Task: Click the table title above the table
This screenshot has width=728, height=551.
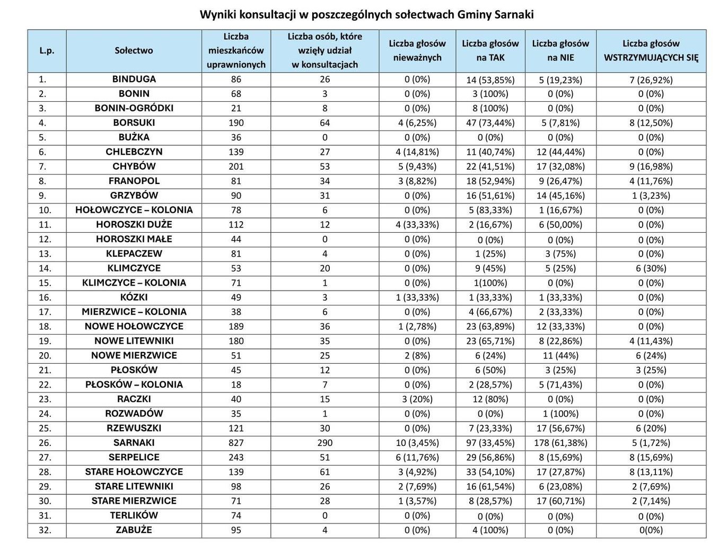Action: click(366, 14)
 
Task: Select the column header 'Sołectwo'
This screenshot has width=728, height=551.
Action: click(134, 50)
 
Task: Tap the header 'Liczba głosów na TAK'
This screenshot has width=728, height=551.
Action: click(490, 50)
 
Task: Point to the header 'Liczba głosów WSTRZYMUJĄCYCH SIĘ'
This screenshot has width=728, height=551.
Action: click(651, 50)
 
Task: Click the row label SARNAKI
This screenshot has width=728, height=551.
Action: click(134, 442)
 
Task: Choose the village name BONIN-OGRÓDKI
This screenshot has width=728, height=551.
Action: click(134, 108)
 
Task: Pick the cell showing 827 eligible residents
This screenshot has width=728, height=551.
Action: click(236, 442)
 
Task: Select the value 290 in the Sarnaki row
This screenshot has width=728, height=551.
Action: click(324, 442)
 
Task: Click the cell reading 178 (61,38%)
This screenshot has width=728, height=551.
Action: click(560, 442)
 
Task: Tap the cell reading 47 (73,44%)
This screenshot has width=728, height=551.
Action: click(490, 123)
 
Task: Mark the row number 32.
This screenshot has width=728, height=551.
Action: click(45, 530)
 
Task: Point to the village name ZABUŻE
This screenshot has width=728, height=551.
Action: click(134, 530)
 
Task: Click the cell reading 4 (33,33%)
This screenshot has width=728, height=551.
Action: click(417, 224)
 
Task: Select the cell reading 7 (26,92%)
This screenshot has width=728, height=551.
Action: click(651, 80)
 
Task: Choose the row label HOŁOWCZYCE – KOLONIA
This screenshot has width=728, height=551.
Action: click(134, 210)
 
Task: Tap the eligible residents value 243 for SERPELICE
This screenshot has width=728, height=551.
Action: click(236, 457)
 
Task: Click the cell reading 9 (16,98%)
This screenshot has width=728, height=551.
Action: click(651, 167)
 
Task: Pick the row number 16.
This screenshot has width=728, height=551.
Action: click(45, 297)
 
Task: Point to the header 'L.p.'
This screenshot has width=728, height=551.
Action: click(47, 50)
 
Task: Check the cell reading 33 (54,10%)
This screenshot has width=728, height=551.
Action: click(490, 471)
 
